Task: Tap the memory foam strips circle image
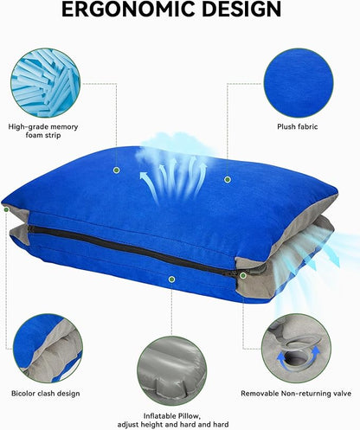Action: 46,83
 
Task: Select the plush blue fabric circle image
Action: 299,83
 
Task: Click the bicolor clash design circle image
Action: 48,348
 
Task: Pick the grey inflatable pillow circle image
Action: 172,371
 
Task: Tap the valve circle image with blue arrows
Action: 296,348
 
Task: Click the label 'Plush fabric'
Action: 298,126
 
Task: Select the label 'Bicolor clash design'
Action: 46,394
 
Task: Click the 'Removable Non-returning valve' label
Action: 296,394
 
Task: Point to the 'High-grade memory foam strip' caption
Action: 43,131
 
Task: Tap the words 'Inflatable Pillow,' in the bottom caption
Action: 172,416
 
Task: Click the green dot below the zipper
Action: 172,279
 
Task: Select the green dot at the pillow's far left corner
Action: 6,209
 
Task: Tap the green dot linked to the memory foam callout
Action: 117,170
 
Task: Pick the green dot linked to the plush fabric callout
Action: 228,180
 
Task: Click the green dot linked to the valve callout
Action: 243,275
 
